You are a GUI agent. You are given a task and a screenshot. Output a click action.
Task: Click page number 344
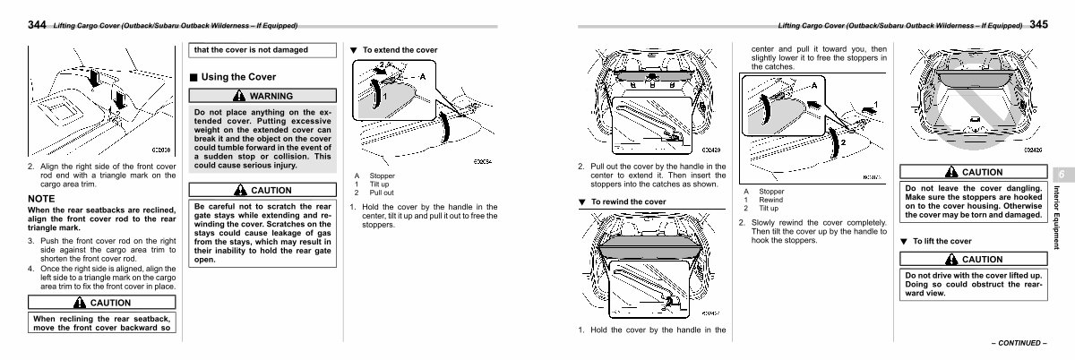click(39, 24)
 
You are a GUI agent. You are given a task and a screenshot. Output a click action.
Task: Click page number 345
click(1039, 24)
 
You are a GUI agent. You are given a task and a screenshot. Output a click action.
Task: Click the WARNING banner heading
click(262, 96)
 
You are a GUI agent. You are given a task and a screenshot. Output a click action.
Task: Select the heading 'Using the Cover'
click(238, 77)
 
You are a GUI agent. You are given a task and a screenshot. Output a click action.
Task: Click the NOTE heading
click(42, 198)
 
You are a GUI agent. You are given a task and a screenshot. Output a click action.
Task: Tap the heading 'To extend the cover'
click(400, 49)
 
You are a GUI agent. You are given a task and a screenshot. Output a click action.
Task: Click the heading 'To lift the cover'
click(942, 241)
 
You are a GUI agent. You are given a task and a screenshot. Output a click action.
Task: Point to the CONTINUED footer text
click(1018, 343)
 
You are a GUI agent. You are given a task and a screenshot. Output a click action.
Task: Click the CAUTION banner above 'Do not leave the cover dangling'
click(973, 172)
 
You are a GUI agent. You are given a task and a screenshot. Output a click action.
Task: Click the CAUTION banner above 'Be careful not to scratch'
click(262, 190)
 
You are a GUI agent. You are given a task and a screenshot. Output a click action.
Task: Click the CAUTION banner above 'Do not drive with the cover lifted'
click(973, 259)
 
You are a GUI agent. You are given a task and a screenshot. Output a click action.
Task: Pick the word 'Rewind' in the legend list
click(772, 200)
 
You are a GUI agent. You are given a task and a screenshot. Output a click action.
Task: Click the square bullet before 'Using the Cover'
click(193, 77)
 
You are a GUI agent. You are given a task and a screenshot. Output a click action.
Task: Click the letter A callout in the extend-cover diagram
click(422, 77)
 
